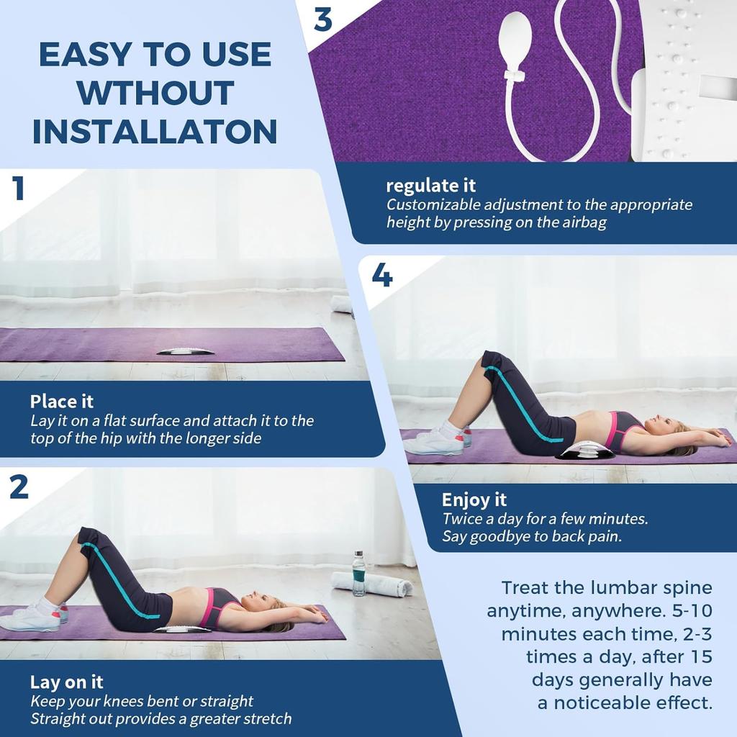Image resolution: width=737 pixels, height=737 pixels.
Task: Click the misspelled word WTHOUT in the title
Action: pos(155,93)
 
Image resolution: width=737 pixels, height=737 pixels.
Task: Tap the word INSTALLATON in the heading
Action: pos(155,132)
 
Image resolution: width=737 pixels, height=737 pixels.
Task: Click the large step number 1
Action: pos(19,189)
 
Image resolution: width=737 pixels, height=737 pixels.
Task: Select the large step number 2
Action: pos(19,487)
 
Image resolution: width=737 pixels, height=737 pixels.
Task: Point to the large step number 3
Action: pos(323,20)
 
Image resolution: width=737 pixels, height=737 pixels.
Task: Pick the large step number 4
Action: pos(381,275)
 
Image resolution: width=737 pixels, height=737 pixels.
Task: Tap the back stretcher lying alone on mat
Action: pos(185,351)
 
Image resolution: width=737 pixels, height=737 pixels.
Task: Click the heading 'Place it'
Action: pos(62,401)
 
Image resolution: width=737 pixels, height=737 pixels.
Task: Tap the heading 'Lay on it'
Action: pos(66,682)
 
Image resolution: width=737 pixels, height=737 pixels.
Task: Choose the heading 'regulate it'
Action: pos(430,186)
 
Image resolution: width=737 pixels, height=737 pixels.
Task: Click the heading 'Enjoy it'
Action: pos(474,499)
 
